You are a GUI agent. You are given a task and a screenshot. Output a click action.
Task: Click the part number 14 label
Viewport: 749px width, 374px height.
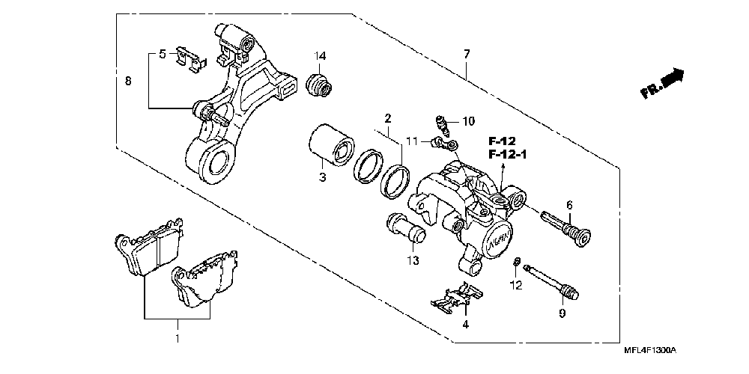320,57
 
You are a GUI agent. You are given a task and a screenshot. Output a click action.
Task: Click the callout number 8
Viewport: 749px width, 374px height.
127,81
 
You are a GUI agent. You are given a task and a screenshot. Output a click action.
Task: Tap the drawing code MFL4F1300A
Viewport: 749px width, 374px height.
650,350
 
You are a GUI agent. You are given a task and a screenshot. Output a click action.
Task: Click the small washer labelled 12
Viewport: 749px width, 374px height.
518,262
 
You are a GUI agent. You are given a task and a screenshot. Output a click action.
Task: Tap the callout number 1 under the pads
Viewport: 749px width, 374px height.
178,339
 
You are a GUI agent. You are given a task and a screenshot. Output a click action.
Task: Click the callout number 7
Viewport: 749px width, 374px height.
467,55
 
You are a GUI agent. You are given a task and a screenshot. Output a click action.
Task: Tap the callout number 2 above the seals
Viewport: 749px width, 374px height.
387,118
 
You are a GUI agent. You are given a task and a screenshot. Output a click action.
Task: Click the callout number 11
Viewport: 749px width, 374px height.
410,141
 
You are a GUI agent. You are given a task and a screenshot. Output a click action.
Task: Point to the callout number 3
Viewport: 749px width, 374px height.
322,177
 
